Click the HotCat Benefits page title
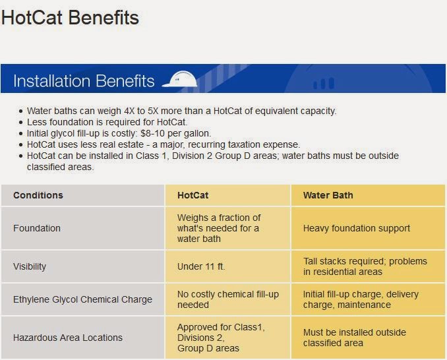70,18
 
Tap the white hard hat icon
179,79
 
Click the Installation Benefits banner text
84,81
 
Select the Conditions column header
38,195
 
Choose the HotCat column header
193,195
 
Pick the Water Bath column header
328,195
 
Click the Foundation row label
37,228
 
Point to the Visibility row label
30,266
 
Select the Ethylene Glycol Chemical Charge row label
82,299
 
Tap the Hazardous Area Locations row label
68,338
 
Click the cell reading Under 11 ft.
201,266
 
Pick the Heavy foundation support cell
356,228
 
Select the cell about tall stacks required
365,266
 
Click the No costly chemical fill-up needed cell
227,299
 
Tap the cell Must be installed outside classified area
354,338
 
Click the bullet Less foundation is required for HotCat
107,122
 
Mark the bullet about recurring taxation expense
164,144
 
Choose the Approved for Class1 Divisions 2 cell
221,338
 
